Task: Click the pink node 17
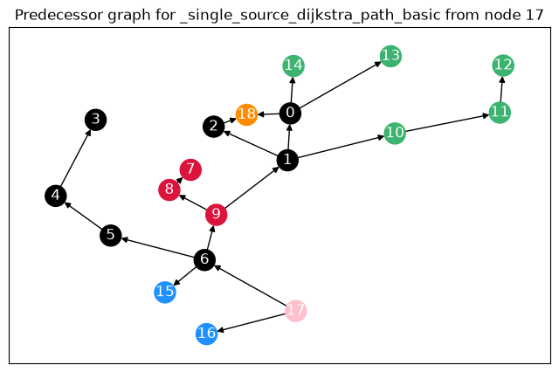(295, 311)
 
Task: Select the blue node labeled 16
(207, 334)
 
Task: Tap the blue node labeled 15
(165, 293)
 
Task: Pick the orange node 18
(246, 114)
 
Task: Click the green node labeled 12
(503, 65)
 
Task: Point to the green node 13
(390, 56)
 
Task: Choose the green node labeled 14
(293, 65)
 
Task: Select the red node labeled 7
(190, 169)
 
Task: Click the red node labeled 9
(216, 215)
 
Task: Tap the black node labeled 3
(95, 120)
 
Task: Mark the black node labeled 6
(204, 259)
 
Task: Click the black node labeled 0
(290, 114)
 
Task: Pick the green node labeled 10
(395, 134)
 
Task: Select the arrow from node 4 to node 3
(76, 158)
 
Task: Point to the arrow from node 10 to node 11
(447, 123)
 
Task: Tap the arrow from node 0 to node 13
(341, 85)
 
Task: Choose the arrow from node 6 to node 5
(157, 247)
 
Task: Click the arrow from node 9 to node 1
(252, 188)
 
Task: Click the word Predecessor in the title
(59, 15)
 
